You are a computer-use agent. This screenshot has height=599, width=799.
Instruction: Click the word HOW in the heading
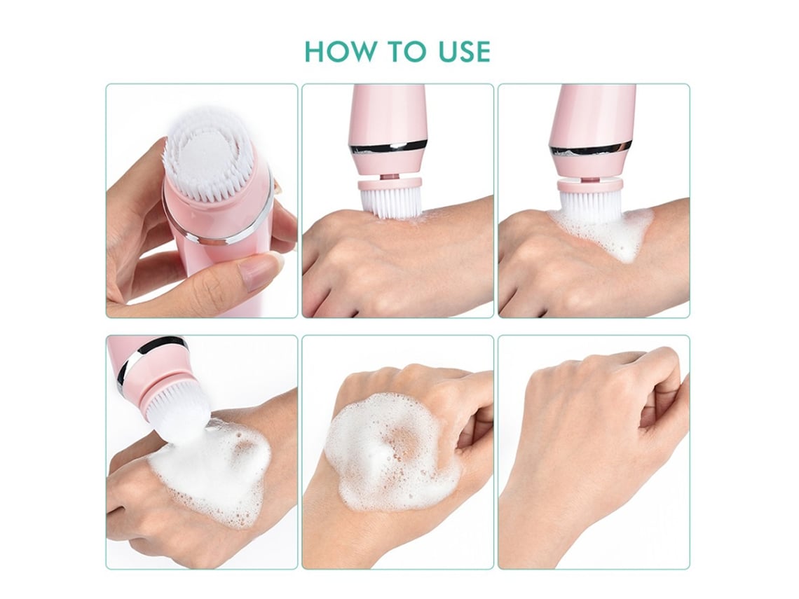[339, 51]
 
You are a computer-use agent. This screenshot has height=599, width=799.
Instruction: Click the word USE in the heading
[463, 51]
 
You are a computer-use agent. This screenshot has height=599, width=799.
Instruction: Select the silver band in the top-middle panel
[388, 149]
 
